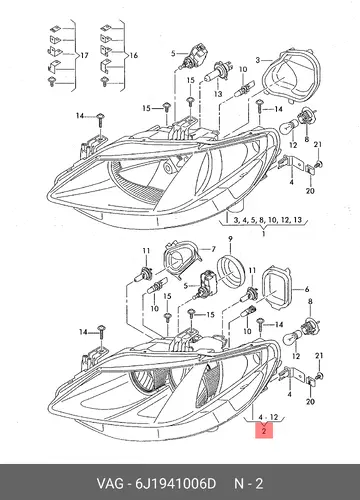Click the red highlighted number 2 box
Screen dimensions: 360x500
[264, 430]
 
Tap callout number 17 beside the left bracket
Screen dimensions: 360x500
[84, 55]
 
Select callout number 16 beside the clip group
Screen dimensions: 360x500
[134, 55]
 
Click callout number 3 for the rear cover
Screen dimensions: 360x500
[258, 60]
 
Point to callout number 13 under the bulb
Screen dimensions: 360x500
[218, 94]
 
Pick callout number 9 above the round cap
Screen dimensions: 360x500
[230, 239]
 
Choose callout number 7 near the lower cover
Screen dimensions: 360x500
[213, 249]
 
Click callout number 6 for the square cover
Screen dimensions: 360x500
[307, 289]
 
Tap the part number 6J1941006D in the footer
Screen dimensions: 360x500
[175, 484]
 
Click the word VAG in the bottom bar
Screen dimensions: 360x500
[110, 484]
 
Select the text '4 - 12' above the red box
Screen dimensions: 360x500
[268, 417]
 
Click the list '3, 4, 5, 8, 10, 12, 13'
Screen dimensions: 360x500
[268, 220]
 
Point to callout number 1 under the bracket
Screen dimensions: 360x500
[264, 233]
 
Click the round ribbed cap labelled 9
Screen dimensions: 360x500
[231, 271]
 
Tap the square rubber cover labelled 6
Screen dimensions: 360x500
[277, 288]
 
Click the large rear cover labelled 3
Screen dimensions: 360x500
[292, 77]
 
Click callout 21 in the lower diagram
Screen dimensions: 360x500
[319, 356]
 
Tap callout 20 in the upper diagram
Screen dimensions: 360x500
[310, 191]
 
